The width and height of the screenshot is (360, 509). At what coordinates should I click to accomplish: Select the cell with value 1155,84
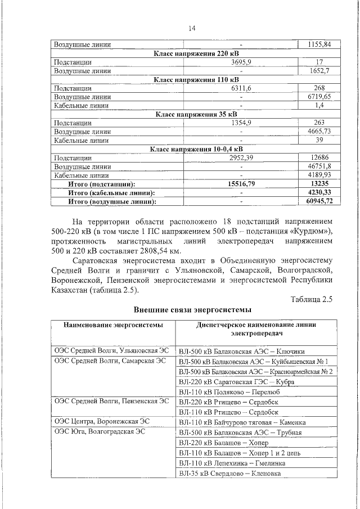click(x=319, y=44)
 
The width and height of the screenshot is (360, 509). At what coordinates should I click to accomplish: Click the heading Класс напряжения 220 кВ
click(x=191, y=53)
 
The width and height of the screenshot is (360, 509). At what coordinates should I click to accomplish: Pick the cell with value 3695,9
click(x=241, y=62)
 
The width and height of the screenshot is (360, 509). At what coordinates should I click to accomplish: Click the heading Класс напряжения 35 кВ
click(x=191, y=114)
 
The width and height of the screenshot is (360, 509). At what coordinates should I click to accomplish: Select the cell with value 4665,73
click(x=319, y=132)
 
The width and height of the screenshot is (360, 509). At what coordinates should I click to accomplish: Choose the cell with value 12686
click(x=319, y=158)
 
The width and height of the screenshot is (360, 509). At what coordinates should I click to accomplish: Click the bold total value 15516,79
click(x=241, y=183)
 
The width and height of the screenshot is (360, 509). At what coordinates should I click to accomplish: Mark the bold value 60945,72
click(x=319, y=201)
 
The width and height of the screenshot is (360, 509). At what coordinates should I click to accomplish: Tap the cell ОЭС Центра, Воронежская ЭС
click(x=102, y=421)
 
